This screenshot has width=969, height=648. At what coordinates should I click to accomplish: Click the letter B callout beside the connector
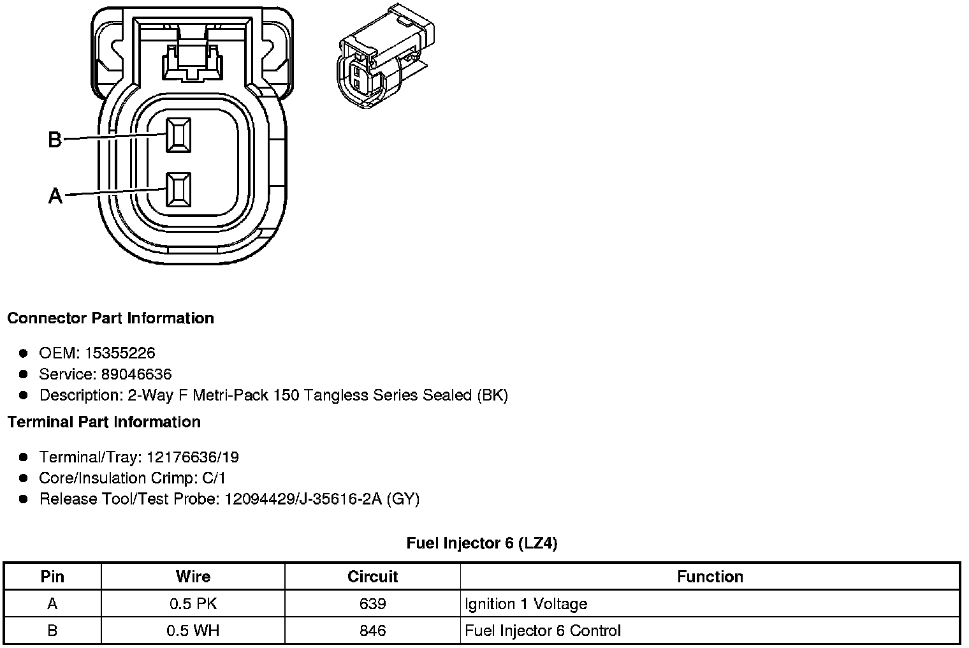click(55, 139)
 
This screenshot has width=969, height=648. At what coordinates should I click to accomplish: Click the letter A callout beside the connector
click(55, 195)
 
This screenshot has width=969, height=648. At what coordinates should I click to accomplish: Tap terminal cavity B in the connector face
click(178, 135)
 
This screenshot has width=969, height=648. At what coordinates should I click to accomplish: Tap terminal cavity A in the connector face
click(178, 189)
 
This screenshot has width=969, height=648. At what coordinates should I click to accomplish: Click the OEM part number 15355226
click(120, 353)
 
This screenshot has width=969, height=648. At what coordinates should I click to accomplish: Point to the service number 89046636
click(136, 374)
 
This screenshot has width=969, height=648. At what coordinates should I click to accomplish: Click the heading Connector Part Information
click(110, 318)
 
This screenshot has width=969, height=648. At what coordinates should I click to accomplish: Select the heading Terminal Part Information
click(104, 422)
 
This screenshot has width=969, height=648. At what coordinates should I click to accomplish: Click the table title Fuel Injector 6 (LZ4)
click(482, 543)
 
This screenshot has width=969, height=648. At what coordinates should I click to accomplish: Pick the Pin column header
click(52, 577)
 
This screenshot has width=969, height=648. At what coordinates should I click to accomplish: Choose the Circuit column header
click(372, 577)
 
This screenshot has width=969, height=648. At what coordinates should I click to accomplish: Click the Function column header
click(710, 577)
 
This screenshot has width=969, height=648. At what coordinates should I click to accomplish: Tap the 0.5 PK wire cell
click(193, 603)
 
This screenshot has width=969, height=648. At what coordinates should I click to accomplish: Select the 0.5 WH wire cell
click(193, 631)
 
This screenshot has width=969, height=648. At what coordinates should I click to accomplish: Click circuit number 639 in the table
click(372, 603)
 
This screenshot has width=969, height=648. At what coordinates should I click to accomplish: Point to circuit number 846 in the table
click(372, 631)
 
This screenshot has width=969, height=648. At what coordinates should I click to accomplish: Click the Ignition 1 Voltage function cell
click(526, 603)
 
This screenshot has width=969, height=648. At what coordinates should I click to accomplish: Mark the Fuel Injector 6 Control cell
click(543, 631)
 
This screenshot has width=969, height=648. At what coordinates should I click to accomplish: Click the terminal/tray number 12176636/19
click(193, 457)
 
